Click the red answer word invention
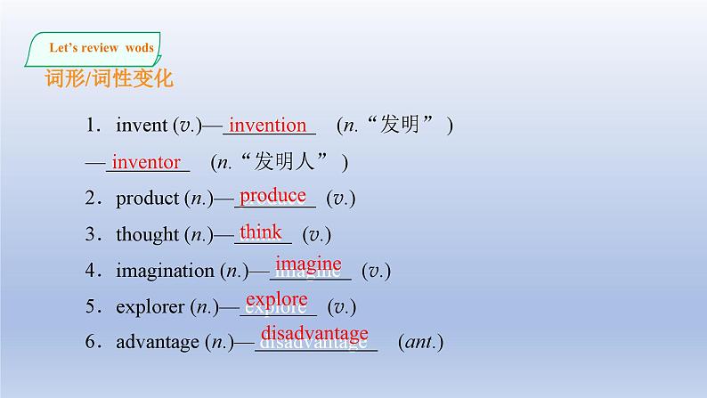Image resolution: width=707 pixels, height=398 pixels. point(267,125)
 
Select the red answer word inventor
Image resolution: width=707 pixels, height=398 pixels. point(146,162)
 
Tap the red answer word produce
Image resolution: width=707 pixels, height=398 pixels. point(272,197)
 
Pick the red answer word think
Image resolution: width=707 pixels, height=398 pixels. point(261,231)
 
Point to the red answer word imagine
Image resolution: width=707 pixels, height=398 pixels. point(308,264)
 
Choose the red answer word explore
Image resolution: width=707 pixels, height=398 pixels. point(277,300)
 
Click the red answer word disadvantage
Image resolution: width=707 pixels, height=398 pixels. point(314,333)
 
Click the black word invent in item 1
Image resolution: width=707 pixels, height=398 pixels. point(142,126)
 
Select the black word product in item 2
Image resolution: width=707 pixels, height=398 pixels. point(148,199)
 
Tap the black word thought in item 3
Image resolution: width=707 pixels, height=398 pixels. point(148,235)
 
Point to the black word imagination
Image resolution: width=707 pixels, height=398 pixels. point(165,271)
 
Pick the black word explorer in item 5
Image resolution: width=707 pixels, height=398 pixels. point(150,307)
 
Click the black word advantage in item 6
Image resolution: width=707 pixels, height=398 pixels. point(158,343)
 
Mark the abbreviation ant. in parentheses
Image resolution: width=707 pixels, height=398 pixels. point(420,342)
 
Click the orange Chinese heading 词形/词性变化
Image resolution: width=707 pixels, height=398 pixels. point(110,78)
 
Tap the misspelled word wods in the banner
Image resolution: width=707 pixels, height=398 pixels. point(140,48)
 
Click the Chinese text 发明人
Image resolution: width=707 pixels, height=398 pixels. point(284,161)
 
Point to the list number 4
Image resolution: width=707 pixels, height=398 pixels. point(90,270)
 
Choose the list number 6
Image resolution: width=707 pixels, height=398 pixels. point(90,341)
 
